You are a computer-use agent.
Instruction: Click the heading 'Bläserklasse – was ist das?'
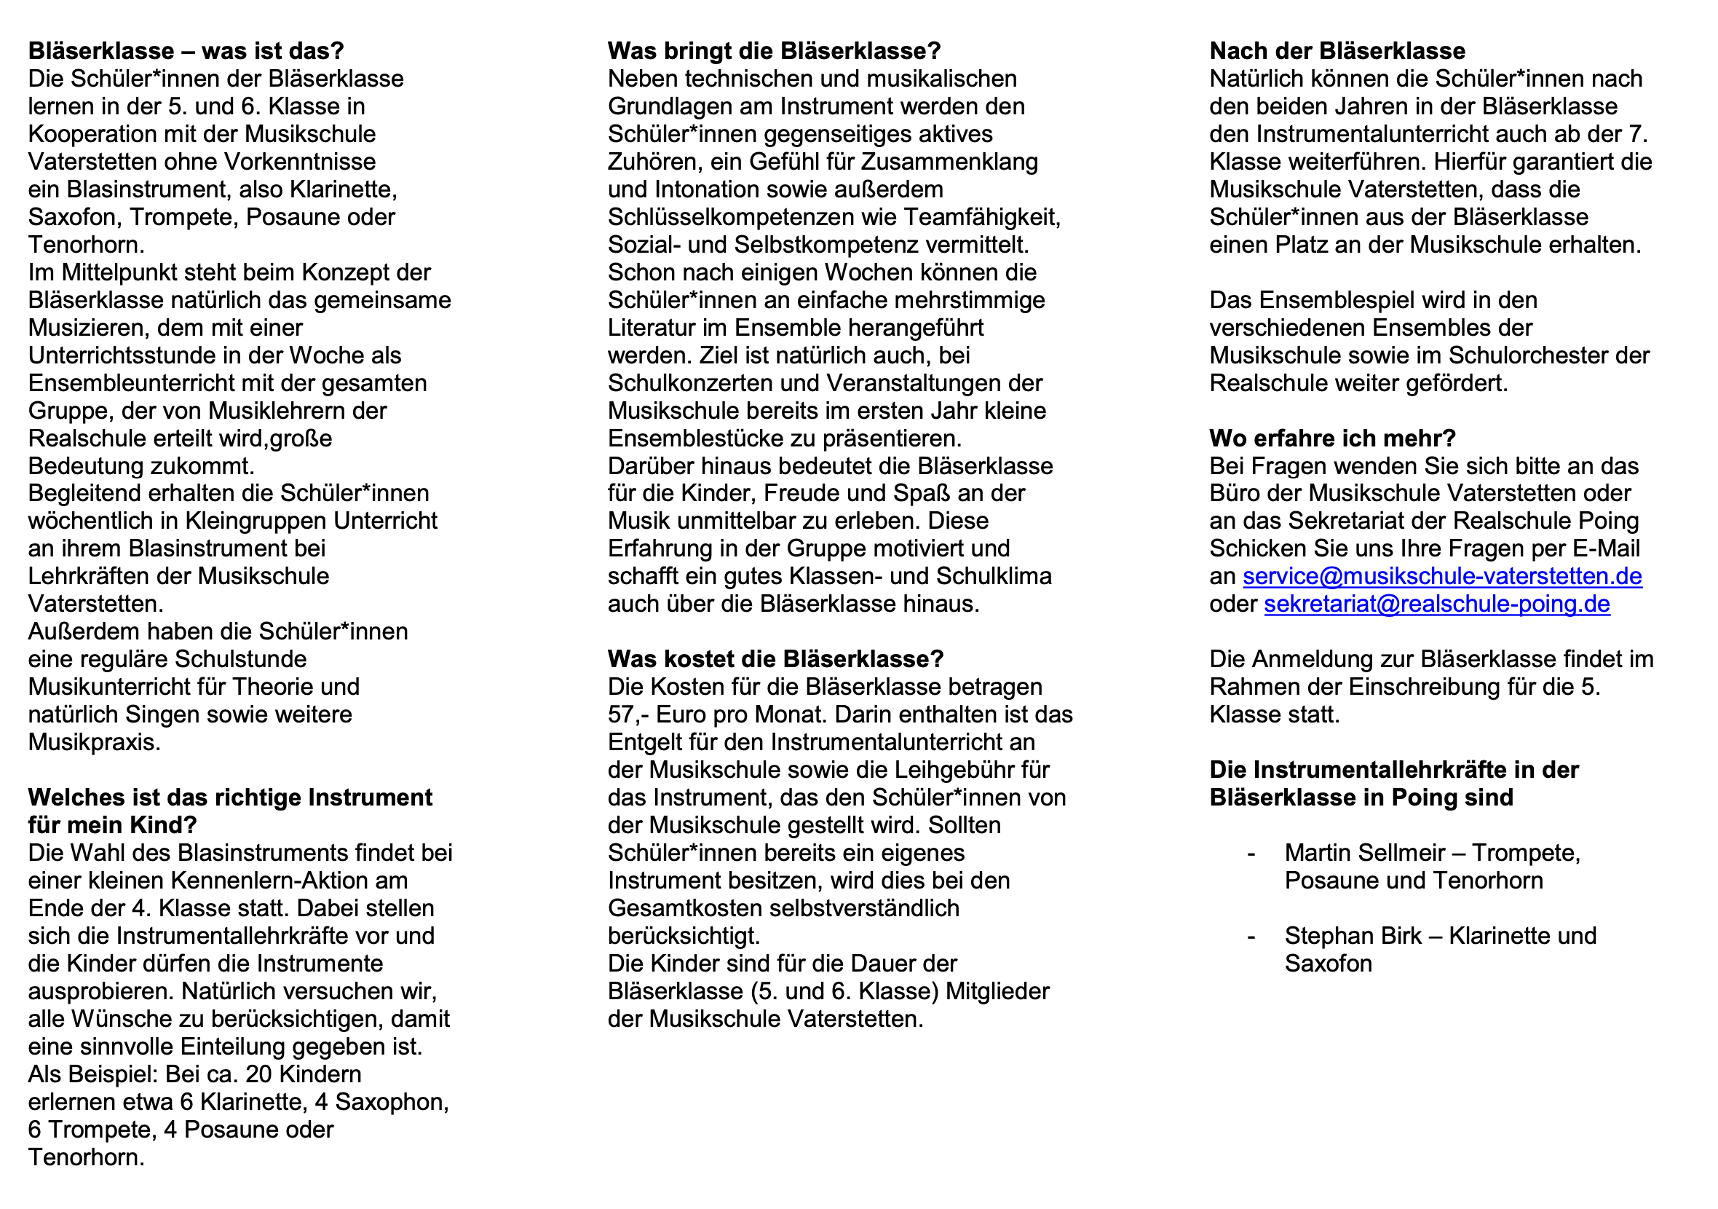pyautogui.click(x=186, y=51)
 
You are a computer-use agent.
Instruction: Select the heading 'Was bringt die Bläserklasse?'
pyautogui.click(x=774, y=51)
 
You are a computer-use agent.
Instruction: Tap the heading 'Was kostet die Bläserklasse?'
pyautogui.click(x=775, y=659)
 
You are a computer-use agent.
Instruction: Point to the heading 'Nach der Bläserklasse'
pyautogui.click(x=1337, y=51)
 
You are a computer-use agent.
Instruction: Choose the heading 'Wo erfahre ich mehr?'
pyautogui.click(x=1333, y=438)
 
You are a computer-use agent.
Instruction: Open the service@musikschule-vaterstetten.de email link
pyautogui.click(x=1442, y=576)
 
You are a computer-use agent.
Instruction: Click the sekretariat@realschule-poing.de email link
pyautogui.click(x=1437, y=604)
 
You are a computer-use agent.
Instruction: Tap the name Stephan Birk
pyautogui.click(x=1353, y=936)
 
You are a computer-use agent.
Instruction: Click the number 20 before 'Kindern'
pyautogui.click(x=260, y=1074)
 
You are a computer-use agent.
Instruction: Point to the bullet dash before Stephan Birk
pyautogui.click(x=1251, y=936)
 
